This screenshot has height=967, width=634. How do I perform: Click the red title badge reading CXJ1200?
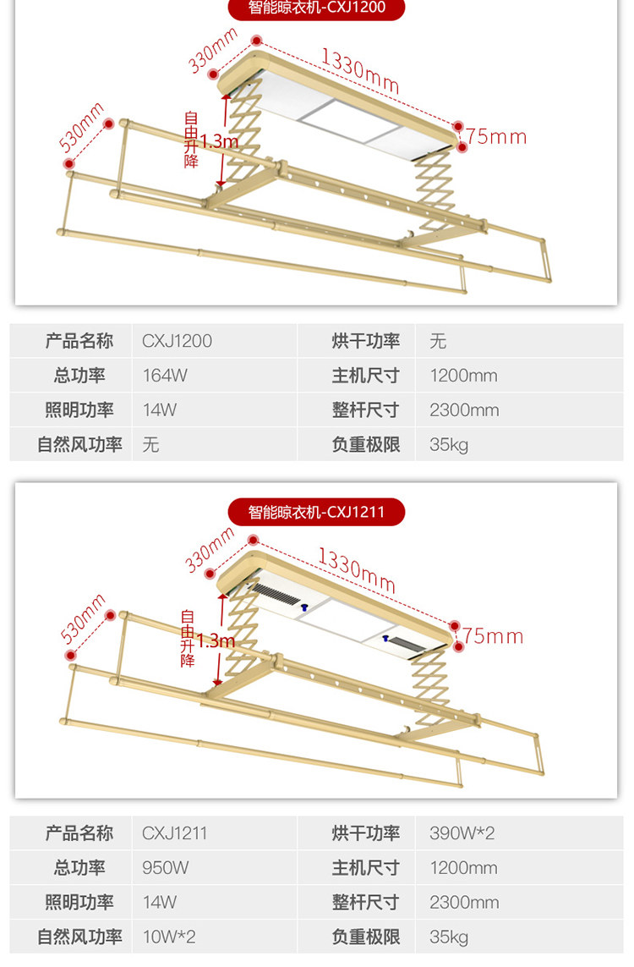pyautogui.click(x=316, y=8)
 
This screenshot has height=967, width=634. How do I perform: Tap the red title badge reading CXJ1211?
pyautogui.click(x=316, y=512)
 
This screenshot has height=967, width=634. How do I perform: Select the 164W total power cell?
pyautogui.click(x=165, y=376)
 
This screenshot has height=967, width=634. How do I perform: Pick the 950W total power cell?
pyautogui.click(x=166, y=868)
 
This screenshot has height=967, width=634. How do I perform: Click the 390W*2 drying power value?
pyautogui.click(x=462, y=833)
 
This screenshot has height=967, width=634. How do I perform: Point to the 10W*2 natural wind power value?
pyautogui.click(x=169, y=937)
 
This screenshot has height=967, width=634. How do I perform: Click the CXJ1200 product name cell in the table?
pyautogui.click(x=177, y=341)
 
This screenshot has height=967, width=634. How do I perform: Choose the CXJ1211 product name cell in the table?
pyautogui.click(x=174, y=833)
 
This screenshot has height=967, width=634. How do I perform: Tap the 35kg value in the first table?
pyautogui.click(x=448, y=444)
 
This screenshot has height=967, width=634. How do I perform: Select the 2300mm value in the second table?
pyautogui.click(x=464, y=902)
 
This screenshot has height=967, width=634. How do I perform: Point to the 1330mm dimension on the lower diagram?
pyautogui.click(x=356, y=569)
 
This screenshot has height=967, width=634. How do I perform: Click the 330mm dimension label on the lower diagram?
pyautogui.click(x=210, y=548)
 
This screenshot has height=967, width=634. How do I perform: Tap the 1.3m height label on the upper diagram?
pyautogui.click(x=219, y=141)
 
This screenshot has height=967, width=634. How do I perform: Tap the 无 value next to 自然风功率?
pyautogui.click(x=150, y=444)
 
